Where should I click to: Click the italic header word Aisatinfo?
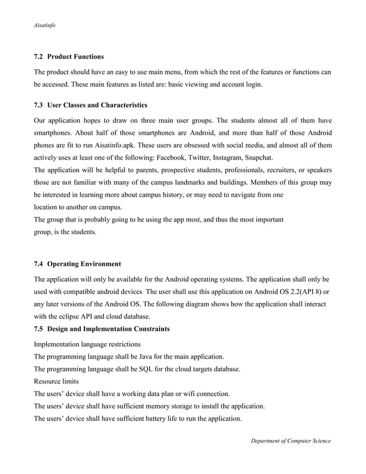pos(45,26)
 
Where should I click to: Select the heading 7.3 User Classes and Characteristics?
pos(91,105)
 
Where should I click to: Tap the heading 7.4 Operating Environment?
pos(77,264)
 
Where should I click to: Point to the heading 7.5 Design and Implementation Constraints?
pos(102,328)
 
